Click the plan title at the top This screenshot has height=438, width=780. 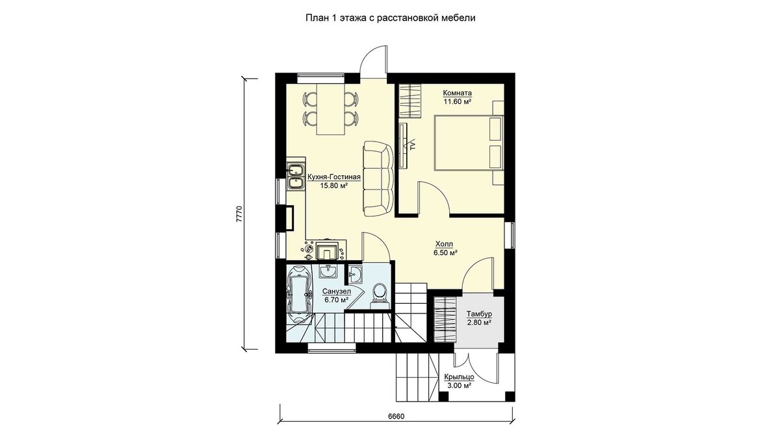391,18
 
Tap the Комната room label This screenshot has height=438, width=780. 457,93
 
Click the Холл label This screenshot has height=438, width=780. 445,245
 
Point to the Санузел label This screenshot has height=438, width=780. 337,291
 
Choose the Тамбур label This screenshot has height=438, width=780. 479,314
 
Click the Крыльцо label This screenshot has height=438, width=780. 459,377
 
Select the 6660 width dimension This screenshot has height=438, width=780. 396,417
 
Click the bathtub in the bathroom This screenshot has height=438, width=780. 299,295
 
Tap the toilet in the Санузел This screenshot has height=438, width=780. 379,295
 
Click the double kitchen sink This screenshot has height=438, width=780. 296,177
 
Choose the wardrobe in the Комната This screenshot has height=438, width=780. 409,101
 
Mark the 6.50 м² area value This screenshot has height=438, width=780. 445,252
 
